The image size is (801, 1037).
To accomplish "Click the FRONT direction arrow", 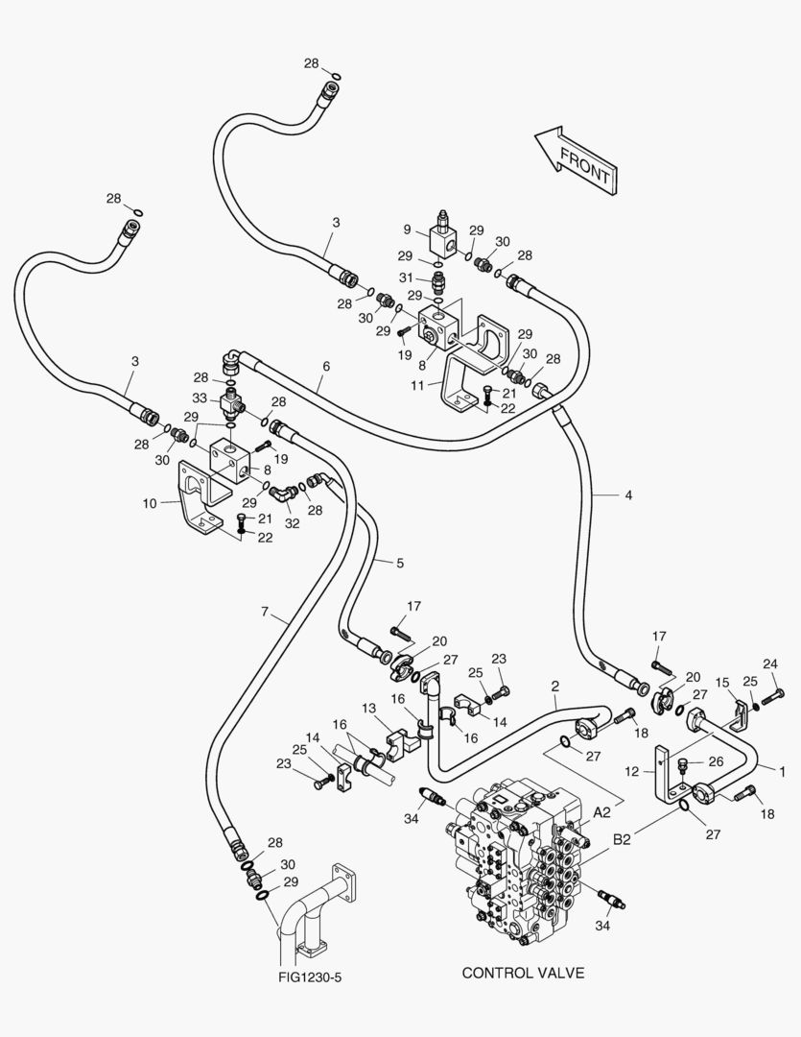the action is coord(577,160).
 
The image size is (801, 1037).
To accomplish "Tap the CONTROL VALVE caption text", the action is coord(523,973).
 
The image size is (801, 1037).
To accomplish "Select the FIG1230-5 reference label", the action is coord(310,977).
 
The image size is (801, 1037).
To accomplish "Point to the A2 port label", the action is coord(601,813).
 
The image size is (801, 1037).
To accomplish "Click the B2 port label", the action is coord(622,839).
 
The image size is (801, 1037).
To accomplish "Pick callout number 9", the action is coord(407,229).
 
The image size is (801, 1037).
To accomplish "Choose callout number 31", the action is coord(405,277).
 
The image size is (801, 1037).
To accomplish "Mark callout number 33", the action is coord(200,398).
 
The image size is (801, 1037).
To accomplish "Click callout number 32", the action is coord(293,523).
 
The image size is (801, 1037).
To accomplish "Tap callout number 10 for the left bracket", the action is coord(150,503).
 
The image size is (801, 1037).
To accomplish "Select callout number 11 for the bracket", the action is coord(417,385).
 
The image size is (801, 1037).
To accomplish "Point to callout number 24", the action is coord(770,664).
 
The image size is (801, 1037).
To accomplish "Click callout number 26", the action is coord(716,761).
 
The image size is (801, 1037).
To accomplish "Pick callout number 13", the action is coord(368,709).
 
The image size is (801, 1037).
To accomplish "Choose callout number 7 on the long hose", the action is coord(265,612).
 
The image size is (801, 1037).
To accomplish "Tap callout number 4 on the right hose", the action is coord(628,494).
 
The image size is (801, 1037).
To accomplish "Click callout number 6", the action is coord(326,367).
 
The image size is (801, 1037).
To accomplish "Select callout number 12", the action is coord(632,771).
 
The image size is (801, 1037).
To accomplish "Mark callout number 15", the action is coord(722,683).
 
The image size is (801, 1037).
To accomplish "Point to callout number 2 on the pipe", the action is coord(555,687).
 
